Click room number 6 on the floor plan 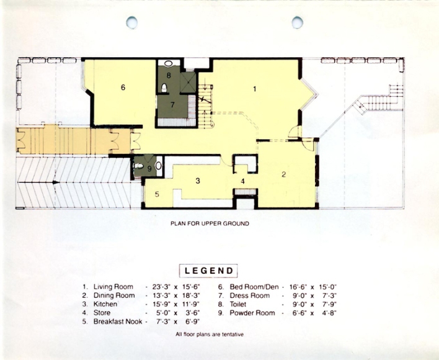pyautogui.click(x=123, y=88)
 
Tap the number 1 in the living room pyautogui.click(x=254, y=89)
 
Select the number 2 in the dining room pyautogui.click(x=283, y=174)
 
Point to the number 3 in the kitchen pyautogui.click(x=198, y=181)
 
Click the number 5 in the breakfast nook pyautogui.click(x=157, y=194)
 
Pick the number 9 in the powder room pyautogui.click(x=149, y=169)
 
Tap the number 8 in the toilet pyautogui.click(x=169, y=75)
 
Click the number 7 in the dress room pyautogui.click(x=172, y=105)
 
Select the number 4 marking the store pyautogui.click(x=242, y=181)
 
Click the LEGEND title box pyautogui.click(x=208, y=271)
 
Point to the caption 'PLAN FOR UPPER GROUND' pyautogui.click(x=210, y=223)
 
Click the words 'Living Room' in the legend pyautogui.click(x=113, y=287)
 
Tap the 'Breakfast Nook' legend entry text pyautogui.click(x=118, y=322)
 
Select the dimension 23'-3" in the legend pyautogui.click(x=161, y=287)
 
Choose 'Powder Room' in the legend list pyautogui.click(x=252, y=313)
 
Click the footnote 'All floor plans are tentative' pyautogui.click(x=210, y=334)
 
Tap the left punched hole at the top pyautogui.click(x=131, y=22)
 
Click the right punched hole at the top pyautogui.click(x=298, y=22)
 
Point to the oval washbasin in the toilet pyautogui.click(x=168, y=63)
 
